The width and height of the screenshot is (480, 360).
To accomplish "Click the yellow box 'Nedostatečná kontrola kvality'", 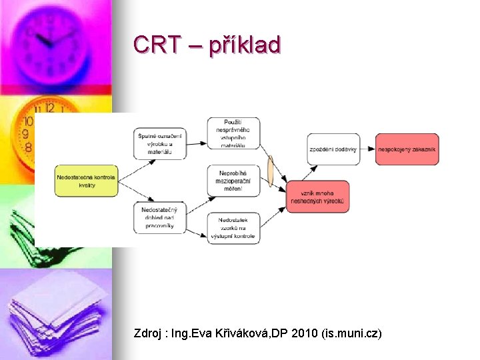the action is click(86, 181).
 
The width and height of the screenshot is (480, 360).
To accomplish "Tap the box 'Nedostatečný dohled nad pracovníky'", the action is click(159, 217).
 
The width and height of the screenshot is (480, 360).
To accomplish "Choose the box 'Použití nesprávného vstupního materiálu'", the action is click(233, 133).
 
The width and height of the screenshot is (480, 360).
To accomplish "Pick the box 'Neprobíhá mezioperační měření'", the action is click(233, 181).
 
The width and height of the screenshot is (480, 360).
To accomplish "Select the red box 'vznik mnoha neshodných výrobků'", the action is click(317, 197).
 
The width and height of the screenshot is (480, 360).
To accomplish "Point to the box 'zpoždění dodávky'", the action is click(333, 149).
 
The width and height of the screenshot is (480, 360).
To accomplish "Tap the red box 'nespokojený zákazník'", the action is click(407, 149).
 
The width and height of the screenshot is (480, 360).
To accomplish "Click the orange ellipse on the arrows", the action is click(270, 171).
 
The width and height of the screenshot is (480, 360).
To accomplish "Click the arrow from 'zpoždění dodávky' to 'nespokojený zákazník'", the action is click(367, 149).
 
